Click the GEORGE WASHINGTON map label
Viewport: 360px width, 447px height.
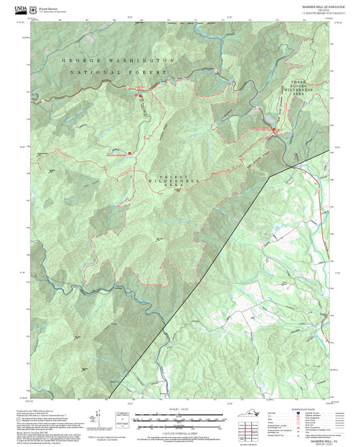tap(118, 60)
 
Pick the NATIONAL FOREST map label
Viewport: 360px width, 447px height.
tap(118, 72)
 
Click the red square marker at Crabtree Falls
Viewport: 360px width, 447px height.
tap(141, 96)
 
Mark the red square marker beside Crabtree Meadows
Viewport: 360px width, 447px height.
tap(130, 154)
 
